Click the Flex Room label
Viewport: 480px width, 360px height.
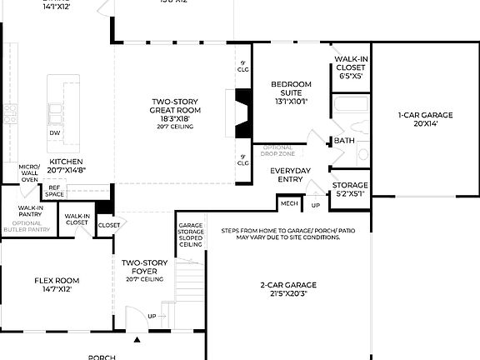tap(57, 285)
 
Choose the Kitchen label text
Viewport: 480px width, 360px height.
tap(67, 165)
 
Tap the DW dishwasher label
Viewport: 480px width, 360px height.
tap(54, 132)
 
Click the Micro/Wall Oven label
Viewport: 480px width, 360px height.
tap(29, 172)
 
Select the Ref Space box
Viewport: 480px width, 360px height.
tap(55, 192)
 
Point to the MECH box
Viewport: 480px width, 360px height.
tap(289, 202)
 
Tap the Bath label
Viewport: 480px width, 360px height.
tap(344, 141)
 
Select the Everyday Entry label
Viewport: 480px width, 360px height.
tap(291, 174)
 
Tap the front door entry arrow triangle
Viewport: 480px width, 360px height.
tap(137, 340)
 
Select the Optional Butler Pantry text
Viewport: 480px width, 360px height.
tap(27, 226)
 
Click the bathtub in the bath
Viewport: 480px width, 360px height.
tap(348, 106)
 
